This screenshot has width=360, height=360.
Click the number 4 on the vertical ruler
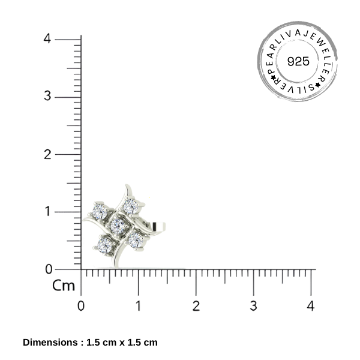coord(47,38)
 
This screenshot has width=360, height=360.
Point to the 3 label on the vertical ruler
coord(47,96)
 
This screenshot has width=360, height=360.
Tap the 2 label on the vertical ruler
coord(47,154)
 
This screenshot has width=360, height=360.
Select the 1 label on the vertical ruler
coord(48,211)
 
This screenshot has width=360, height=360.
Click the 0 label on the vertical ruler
coord(49,269)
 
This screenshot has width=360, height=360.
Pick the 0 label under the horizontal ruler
coord(81,306)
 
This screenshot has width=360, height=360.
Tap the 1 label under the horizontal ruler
coord(138,306)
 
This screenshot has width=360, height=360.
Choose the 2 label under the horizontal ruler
coord(196,306)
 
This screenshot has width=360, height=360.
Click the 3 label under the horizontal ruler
coord(253,306)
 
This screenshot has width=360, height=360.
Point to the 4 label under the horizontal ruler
coord(311,306)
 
